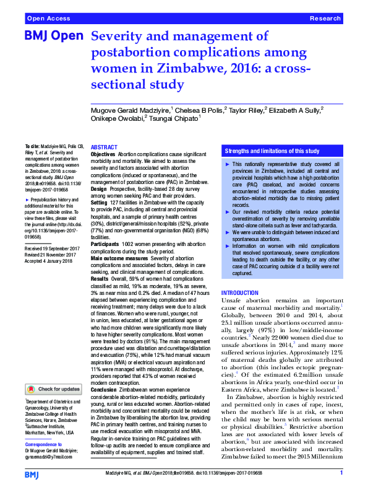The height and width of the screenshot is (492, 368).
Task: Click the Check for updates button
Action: pyautogui.click(x=53, y=389)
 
